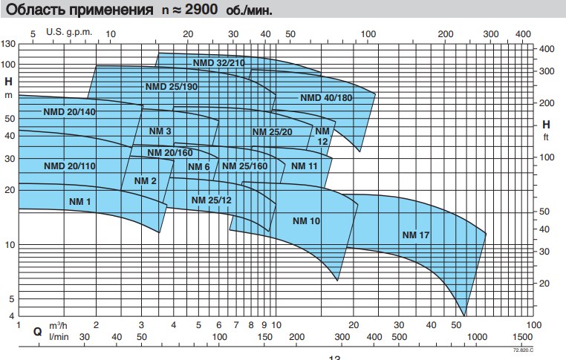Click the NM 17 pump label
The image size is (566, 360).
(416, 235)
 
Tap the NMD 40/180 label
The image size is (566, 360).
(326, 98)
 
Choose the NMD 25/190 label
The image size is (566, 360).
(172, 86)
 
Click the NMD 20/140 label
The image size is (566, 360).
(69, 111)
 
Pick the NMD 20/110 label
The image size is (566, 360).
(69, 165)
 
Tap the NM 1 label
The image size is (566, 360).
(79, 201)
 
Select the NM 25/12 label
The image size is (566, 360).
(212, 200)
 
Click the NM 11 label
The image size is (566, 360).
(305, 166)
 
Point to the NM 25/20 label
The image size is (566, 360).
(273, 131)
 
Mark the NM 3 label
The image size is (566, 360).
(160, 131)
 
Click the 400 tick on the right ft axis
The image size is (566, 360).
(546, 49)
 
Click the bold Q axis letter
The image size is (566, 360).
(37, 332)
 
